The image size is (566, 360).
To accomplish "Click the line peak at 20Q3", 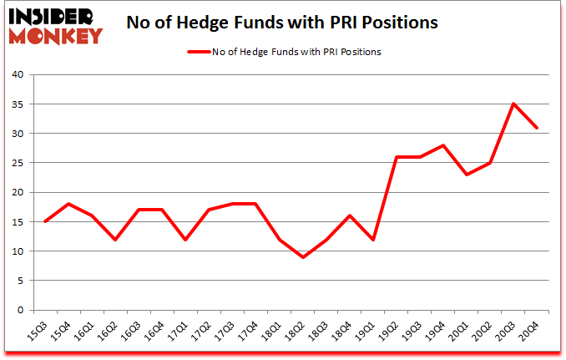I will (513, 104).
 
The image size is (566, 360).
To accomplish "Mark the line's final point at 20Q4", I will (538, 128).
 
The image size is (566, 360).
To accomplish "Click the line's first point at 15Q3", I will (44, 221).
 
